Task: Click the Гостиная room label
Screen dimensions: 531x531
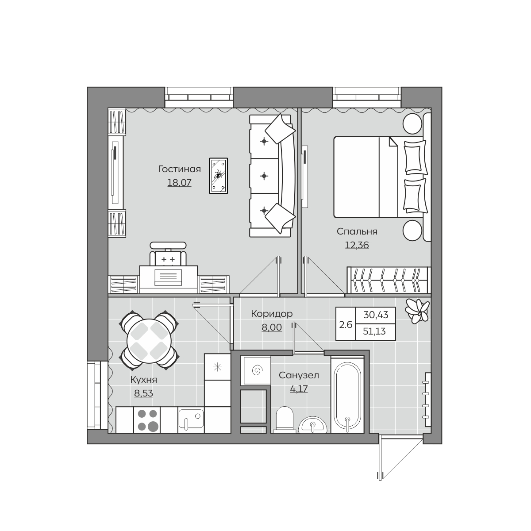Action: pyautogui.click(x=179, y=169)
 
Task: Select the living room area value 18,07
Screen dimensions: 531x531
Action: pyautogui.click(x=179, y=182)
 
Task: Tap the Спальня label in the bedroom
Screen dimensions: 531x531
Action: pyautogui.click(x=357, y=231)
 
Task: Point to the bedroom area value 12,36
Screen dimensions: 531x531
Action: pyautogui.click(x=357, y=245)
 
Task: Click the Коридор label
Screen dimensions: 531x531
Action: pyautogui.click(x=272, y=314)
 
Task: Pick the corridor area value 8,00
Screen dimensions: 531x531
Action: pyautogui.click(x=272, y=327)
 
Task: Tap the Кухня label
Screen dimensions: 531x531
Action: pyautogui.click(x=143, y=380)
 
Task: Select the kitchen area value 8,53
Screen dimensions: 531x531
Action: pyautogui.click(x=143, y=393)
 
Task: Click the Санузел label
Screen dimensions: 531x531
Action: pyautogui.click(x=299, y=375)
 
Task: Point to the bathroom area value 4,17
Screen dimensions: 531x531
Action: pyautogui.click(x=299, y=389)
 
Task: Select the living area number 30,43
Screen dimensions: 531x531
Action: pyautogui.click(x=376, y=315)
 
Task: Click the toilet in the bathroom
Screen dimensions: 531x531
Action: pyautogui.click(x=285, y=419)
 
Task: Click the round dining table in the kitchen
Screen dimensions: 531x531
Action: pyautogui.click(x=149, y=341)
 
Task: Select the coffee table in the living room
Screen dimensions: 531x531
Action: pyautogui.click(x=219, y=176)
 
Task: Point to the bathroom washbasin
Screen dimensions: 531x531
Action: pyautogui.click(x=313, y=425)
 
